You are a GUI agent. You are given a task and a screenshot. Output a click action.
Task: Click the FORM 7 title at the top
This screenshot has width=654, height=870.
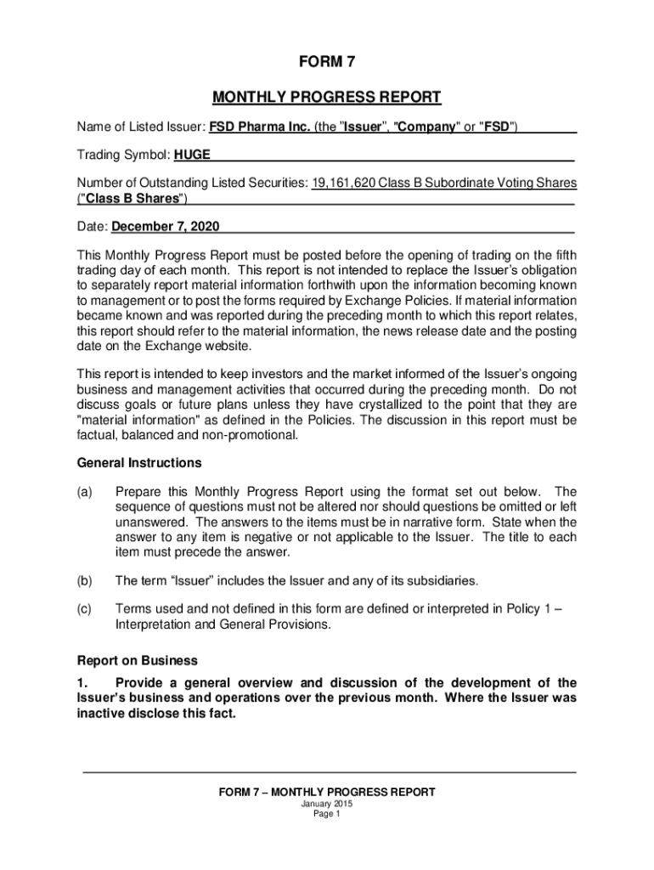(x=327, y=63)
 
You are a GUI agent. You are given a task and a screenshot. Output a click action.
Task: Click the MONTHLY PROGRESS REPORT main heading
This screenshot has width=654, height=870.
(x=327, y=97)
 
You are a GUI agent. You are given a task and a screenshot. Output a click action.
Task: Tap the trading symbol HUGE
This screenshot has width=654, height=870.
(x=193, y=155)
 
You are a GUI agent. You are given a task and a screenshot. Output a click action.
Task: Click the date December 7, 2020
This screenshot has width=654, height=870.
(x=166, y=227)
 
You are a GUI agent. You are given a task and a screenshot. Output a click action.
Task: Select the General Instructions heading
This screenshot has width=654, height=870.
(x=139, y=463)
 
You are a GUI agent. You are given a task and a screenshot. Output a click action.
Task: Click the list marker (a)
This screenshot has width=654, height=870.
(x=85, y=492)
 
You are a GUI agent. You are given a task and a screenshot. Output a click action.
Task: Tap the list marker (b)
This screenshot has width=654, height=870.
(x=85, y=581)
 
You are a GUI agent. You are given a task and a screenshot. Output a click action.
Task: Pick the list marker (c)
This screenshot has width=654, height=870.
(x=85, y=608)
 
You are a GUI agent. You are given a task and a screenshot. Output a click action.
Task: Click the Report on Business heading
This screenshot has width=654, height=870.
(x=138, y=660)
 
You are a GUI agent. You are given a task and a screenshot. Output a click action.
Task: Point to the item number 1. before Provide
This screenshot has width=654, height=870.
(x=83, y=683)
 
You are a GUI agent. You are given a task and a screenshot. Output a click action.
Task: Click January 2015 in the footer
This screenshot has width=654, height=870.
(x=327, y=804)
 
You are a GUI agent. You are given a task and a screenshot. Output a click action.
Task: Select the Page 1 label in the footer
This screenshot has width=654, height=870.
(x=327, y=814)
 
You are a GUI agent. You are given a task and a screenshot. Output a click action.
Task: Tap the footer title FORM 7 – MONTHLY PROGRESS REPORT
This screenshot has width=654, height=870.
(x=327, y=792)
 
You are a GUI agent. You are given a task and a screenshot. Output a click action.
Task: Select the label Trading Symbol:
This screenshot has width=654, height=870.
(x=124, y=155)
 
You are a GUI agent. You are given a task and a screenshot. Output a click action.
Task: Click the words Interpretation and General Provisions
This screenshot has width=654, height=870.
(x=223, y=624)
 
